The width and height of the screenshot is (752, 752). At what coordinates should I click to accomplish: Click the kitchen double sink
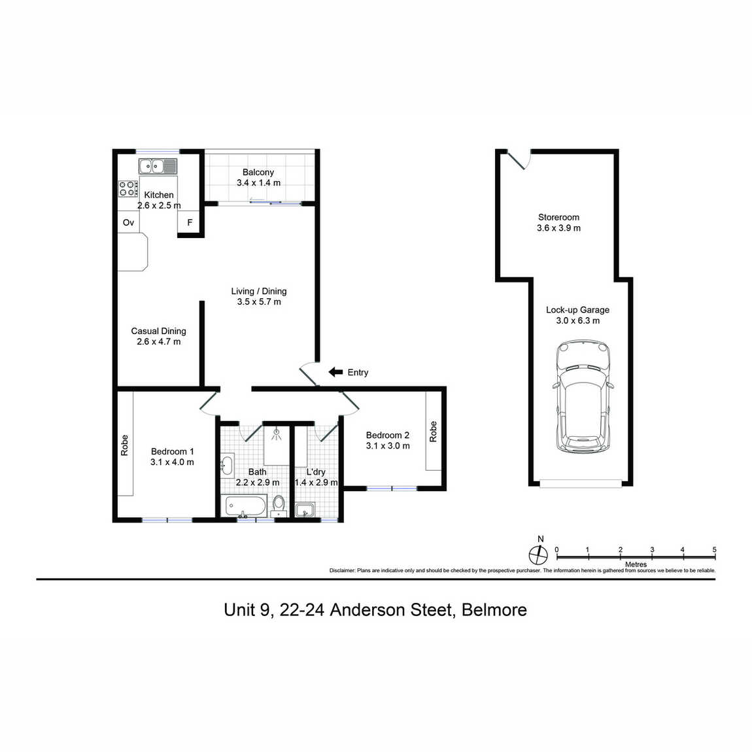[x=158, y=166]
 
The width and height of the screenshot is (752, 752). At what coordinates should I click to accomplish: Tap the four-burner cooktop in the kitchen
[x=128, y=188]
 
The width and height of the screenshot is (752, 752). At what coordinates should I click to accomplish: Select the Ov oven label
[x=128, y=222]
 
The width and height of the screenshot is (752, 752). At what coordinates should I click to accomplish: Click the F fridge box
[x=189, y=222]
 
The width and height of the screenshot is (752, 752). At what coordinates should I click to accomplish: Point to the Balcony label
[x=258, y=172]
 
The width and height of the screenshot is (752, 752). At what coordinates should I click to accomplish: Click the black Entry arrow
[x=335, y=372]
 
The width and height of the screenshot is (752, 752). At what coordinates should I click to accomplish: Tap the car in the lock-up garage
[x=583, y=396]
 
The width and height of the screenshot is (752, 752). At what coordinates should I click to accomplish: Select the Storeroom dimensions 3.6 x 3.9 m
[x=558, y=228]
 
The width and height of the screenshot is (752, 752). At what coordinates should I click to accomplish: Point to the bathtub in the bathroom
[x=246, y=506]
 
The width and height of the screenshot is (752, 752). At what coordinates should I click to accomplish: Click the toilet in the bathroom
[x=279, y=506]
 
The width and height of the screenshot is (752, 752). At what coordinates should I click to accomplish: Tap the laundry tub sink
[x=305, y=510]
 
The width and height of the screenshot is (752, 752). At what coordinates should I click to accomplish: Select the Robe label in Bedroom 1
[x=125, y=445]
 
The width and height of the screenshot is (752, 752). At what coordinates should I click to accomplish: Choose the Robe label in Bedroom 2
[x=433, y=432]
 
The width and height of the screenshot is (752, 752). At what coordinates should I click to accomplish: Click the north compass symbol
[x=538, y=555]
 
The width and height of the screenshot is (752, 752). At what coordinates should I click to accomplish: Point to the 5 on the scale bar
[x=714, y=549]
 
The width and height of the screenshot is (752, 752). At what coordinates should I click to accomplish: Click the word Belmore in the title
[x=494, y=610]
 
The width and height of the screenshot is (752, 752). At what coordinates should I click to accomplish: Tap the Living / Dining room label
[x=259, y=291]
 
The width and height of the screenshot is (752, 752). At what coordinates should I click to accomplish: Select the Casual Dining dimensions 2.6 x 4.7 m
[x=159, y=342]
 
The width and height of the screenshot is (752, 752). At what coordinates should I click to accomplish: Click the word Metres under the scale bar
[x=636, y=564]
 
